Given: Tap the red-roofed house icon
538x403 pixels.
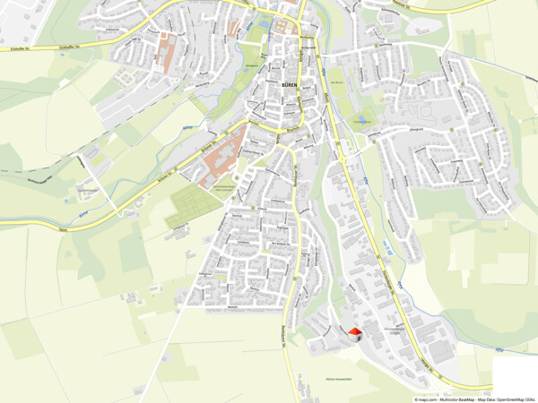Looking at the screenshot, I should click(355, 333).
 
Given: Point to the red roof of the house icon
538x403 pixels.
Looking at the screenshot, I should click(355, 330).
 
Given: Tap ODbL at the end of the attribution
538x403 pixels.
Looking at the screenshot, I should click(531, 399).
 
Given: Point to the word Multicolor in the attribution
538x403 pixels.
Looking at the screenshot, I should click(454, 399).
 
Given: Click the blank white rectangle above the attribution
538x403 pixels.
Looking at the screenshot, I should click(515, 374).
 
